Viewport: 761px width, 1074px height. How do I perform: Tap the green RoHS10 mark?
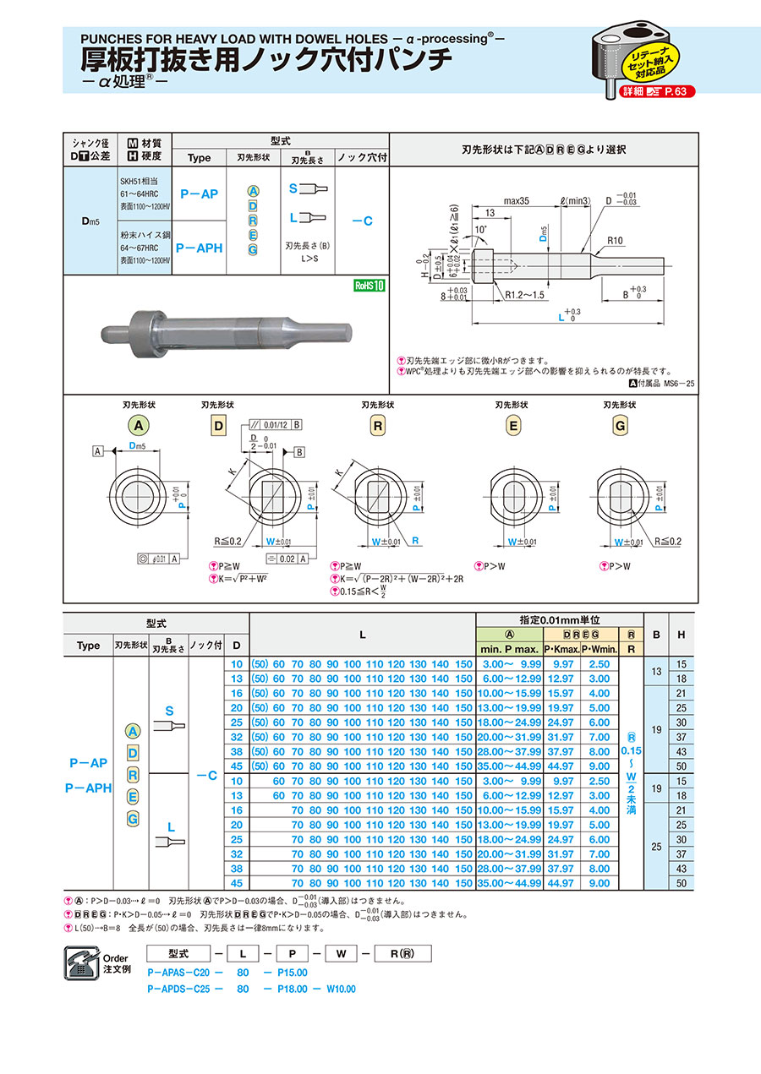[x=370, y=286]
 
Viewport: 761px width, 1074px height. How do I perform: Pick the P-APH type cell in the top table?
[x=199, y=248]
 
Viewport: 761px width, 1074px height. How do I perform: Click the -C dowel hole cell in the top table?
[x=362, y=221]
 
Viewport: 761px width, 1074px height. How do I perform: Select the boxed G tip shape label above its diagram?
[x=620, y=426]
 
